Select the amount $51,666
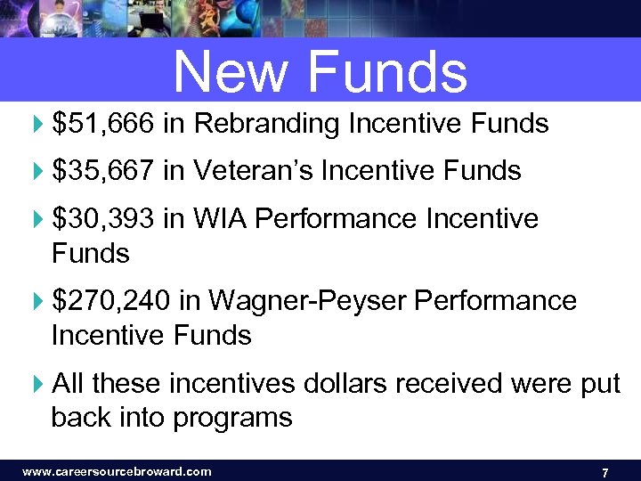coord(104,124)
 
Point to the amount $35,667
coord(104,171)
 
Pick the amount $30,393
coord(104,218)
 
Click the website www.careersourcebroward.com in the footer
coord(117,471)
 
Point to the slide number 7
coord(605,472)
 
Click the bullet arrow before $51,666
coord(37,125)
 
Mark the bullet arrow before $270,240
coord(37,302)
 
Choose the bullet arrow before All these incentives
coord(37,385)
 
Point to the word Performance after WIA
coord(337,218)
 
